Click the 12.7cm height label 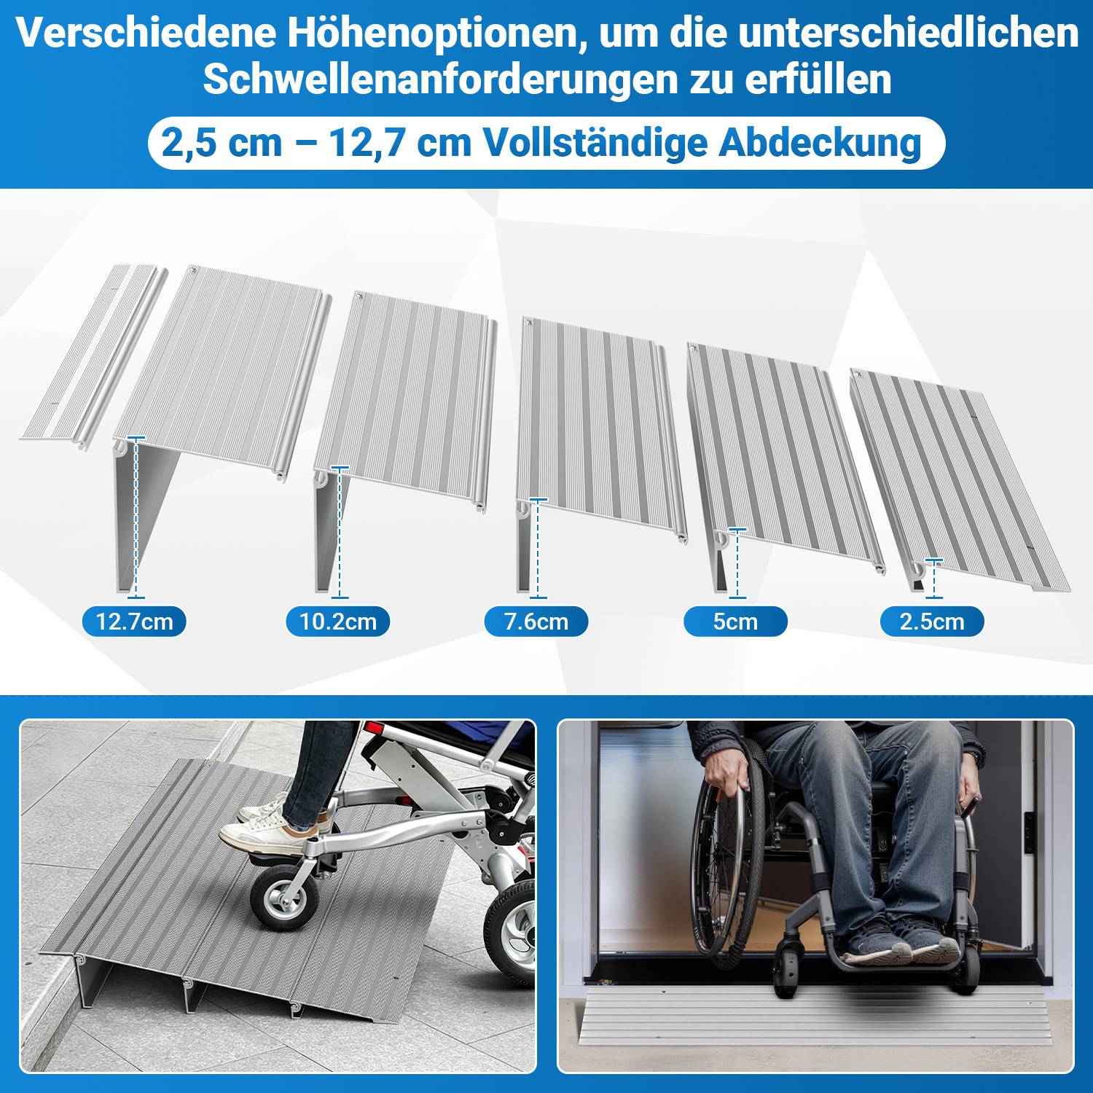tap(134, 622)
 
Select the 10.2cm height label tap(338, 622)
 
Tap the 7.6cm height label tap(536, 622)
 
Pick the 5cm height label tap(735, 622)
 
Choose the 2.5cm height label tap(932, 622)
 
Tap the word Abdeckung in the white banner tap(820, 143)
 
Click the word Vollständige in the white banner tap(595, 143)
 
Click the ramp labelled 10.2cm tap(408, 393)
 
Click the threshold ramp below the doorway tap(809, 1016)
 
